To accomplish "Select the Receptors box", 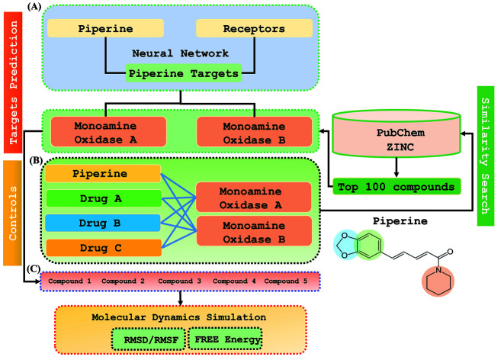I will click(253, 29).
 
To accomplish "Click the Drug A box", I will click(103, 198).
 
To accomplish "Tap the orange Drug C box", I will click(103, 246).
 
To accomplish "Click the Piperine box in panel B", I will click(103, 173).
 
